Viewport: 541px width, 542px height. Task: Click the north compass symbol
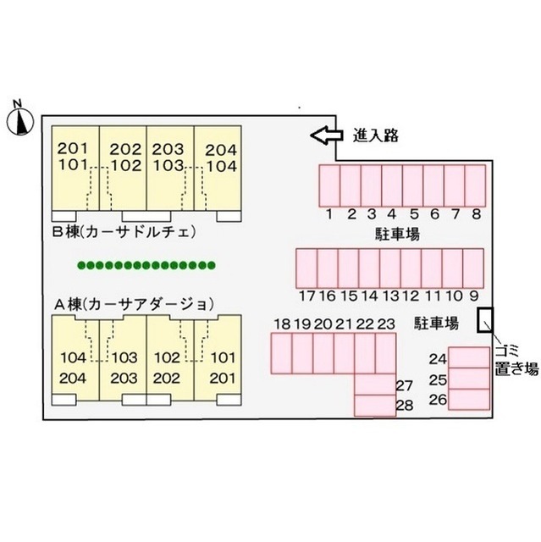[x=20, y=121]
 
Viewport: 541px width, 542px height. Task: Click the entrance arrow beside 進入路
[x=327, y=135]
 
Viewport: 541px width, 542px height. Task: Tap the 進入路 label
[x=376, y=135]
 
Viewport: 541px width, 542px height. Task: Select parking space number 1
[x=329, y=185]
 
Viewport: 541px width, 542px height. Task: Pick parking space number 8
[x=475, y=185]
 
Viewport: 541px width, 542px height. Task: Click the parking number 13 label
[x=391, y=296]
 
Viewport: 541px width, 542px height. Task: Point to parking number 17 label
[x=307, y=296]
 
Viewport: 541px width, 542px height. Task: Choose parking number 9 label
[x=474, y=296]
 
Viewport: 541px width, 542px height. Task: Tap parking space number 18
[x=281, y=353]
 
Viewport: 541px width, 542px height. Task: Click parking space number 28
[x=375, y=405]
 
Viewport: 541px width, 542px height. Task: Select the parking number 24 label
[x=438, y=359]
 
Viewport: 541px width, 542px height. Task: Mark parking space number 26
[x=469, y=399]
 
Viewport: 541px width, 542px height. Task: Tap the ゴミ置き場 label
[x=516, y=361]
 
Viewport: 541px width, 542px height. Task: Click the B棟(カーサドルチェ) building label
[x=124, y=231]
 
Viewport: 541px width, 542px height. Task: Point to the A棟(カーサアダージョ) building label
[x=135, y=305]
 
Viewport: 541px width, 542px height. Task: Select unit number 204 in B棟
[x=221, y=150]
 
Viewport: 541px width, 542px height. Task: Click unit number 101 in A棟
[x=223, y=357]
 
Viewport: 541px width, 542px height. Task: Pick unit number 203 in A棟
[x=124, y=379]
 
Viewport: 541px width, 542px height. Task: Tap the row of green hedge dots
[x=146, y=265]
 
